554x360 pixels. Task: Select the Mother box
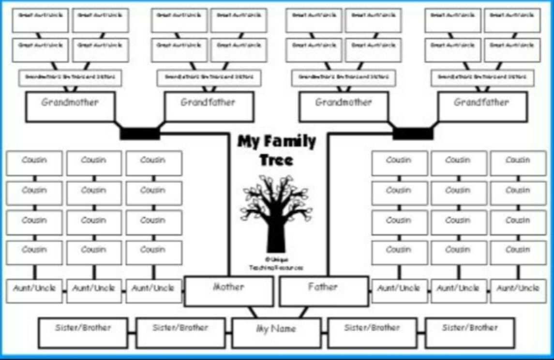228,291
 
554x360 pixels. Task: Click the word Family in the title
290,142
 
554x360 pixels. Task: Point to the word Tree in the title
276,160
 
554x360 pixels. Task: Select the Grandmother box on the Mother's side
70,106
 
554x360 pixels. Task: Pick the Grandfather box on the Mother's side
209,106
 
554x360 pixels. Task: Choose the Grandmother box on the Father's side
344,106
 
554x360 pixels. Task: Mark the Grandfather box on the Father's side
482,106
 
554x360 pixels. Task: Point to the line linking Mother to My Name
253,313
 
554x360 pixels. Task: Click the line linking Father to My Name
303,313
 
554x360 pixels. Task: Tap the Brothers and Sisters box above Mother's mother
70,77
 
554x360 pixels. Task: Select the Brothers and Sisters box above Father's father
482,77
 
